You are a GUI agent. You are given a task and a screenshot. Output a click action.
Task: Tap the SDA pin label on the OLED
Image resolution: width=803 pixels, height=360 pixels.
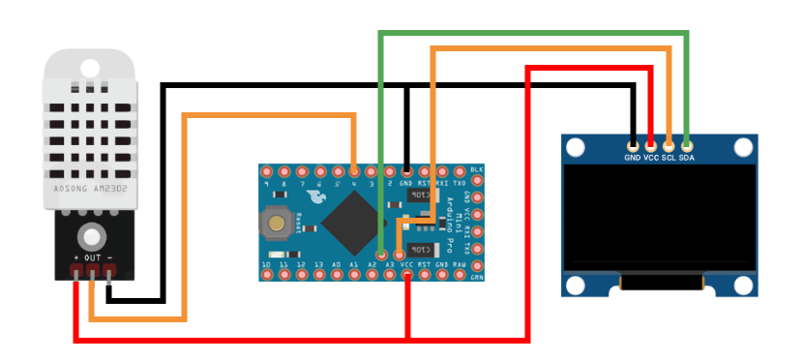[x=687, y=157]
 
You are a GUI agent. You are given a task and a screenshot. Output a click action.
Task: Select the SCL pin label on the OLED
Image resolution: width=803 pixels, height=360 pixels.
[x=669, y=157]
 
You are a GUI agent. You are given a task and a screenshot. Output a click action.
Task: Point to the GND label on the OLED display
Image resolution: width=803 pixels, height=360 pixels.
[x=632, y=157]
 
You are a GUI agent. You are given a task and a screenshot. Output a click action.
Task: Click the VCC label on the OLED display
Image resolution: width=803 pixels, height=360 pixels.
[x=650, y=157]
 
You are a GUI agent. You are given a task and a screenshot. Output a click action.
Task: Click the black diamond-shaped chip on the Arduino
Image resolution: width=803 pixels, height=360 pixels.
[x=351, y=222]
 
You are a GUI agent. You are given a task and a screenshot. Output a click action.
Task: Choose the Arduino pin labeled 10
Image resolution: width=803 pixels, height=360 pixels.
[x=266, y=275]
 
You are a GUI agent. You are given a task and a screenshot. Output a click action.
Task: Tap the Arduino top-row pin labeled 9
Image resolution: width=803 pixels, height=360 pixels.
[x=266, y=172]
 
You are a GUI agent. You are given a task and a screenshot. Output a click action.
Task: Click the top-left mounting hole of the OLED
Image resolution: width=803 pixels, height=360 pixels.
[x=577, y=148]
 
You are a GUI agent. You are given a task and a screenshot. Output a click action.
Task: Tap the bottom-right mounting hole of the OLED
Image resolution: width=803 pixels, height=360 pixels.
[x=743, y=285]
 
